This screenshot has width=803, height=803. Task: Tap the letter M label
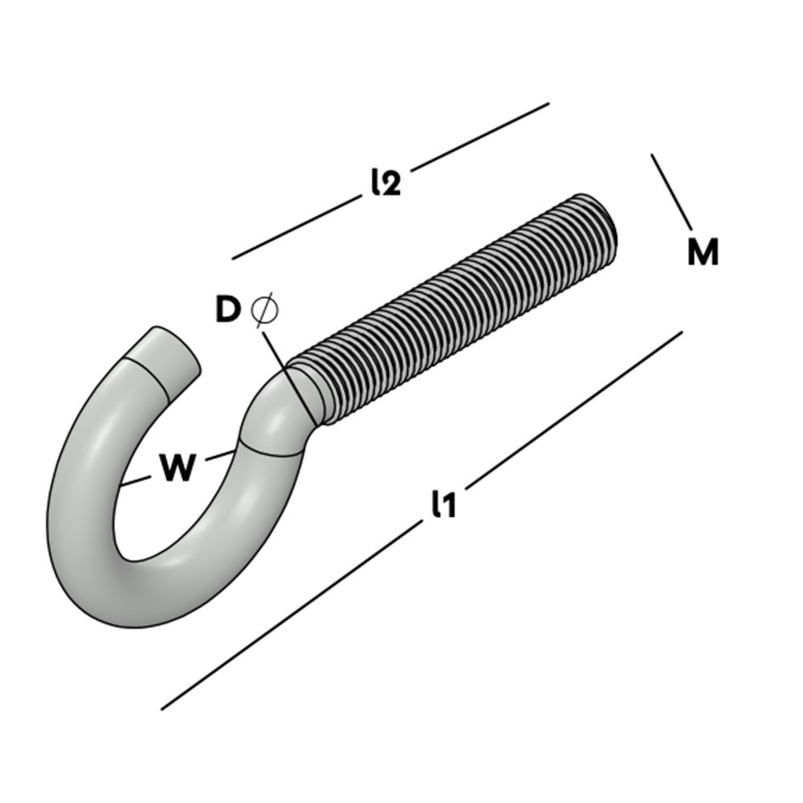(703, 253)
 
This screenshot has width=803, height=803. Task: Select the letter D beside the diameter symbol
(228, 310)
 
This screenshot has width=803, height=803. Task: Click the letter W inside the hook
(177, 467)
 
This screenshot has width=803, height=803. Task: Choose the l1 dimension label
(443, 505)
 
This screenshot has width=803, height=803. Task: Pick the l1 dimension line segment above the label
(574, 406)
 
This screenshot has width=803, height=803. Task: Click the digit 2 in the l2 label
(391, 185)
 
